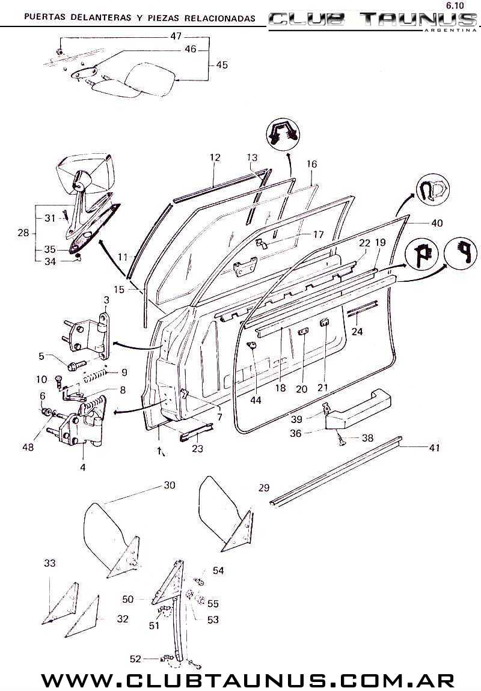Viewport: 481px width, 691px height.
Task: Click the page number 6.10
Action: pos(455,6)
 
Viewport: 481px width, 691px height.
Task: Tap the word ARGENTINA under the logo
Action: pos(450,31)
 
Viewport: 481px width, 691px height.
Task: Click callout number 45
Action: pos(222,65)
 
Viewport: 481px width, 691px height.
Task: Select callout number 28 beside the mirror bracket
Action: pos(23,233)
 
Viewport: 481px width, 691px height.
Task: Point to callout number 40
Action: pos(437,223)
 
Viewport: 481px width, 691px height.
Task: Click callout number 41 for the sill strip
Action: pos(434,448)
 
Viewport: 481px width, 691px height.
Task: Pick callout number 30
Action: pos(170,485)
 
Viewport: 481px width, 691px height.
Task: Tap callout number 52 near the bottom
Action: pos(135,659)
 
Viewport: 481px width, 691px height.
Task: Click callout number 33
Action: pos(50,563)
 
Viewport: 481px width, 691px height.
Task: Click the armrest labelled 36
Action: pos(358,407)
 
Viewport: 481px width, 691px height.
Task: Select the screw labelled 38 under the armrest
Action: pos(340,439)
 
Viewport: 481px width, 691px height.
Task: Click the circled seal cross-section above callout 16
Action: pos(283,133)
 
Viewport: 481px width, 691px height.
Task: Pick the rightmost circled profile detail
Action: pos(461,254)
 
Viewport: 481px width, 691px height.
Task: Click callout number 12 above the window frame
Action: pos(215,157)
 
